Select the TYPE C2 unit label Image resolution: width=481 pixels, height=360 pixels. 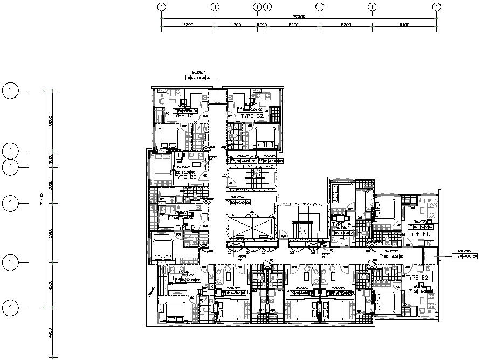[x=252, y=116]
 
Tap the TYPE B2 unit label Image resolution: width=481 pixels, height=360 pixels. [x=185, y=177]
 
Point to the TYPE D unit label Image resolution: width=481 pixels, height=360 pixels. [x=185, y=228]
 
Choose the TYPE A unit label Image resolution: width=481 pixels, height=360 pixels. [x=341, y=224]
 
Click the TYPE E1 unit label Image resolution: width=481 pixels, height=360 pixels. [x=418, y=234]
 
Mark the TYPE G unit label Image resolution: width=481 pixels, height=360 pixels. [x=184, y=273]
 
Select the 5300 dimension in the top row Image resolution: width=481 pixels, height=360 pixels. [x=188, y=25]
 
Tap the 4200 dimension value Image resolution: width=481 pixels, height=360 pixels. [x=236, y=25]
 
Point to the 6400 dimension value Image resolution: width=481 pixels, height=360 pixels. [x=404, y=25]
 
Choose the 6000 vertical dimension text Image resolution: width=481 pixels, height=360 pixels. [x=49, y=120]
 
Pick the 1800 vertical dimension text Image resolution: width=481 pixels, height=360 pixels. [x=49, y=158]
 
